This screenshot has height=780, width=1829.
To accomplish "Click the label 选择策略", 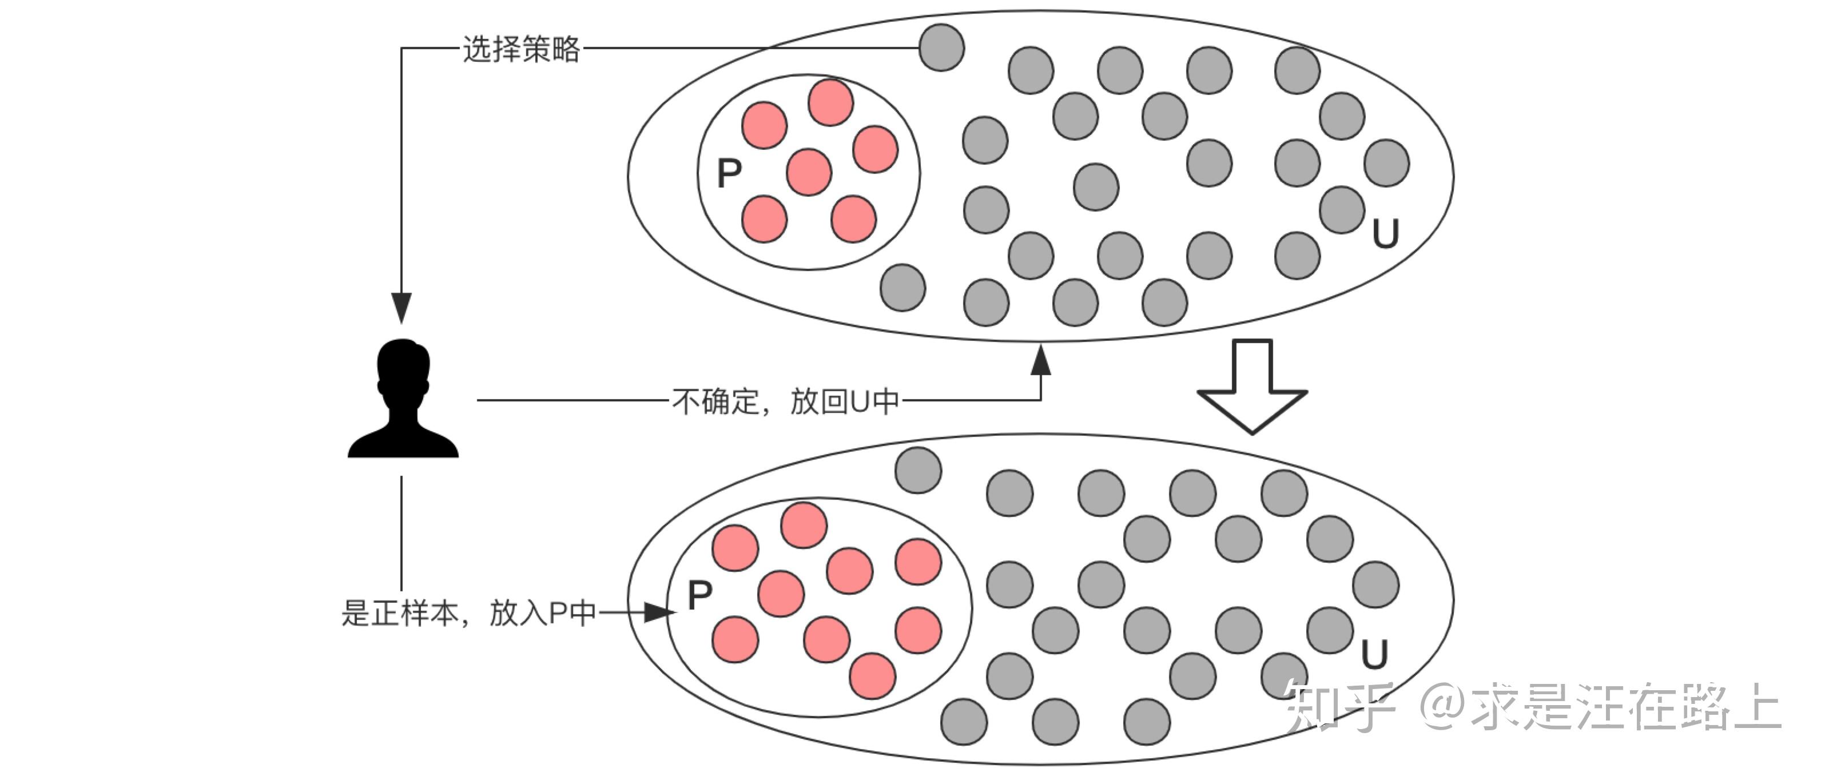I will [522, 49].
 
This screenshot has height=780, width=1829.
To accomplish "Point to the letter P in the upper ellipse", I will [729, 173].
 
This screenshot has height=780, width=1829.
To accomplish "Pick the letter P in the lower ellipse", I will [700, 595].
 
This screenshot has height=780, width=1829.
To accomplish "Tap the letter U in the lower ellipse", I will [1374, 654].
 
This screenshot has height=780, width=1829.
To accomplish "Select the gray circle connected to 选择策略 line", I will [941, 47].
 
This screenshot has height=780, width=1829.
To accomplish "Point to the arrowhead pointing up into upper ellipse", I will [1041, 360].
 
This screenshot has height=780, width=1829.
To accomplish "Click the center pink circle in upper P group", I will [809, 172].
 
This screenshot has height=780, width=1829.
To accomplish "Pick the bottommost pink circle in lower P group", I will [873, 676].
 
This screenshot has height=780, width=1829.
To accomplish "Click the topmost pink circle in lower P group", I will [804, 525].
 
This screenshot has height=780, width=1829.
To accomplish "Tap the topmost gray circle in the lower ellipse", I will [918, 470].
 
